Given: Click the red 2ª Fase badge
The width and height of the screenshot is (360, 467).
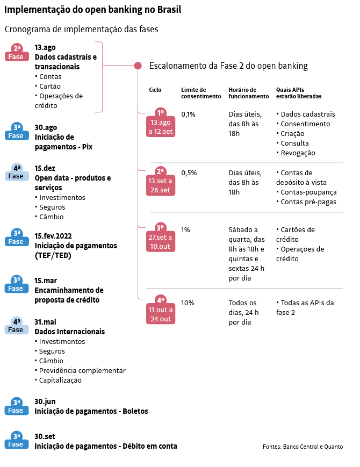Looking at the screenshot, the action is tap(17, 53).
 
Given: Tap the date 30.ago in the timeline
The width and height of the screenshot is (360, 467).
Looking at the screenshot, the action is tap(46, 127).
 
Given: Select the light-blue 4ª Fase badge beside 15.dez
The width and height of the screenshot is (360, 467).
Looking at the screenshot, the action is tap(17, 172).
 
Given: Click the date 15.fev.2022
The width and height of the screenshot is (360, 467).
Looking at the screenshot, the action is tap(53, 236).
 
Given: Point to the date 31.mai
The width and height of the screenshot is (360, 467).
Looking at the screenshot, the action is tap(45, 322).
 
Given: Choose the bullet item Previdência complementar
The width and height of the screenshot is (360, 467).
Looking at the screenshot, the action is tap(81, 370).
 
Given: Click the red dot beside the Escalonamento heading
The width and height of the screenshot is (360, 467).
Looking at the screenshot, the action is tap(138, 66).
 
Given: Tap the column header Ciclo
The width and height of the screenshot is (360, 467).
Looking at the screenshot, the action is tap(155, 90).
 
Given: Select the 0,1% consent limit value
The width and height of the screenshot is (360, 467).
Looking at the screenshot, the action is tap(188, 114).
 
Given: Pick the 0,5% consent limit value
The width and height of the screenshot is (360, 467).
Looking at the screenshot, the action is tap(189, 173).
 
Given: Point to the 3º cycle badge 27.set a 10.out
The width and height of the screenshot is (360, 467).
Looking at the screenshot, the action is tap(161, 237).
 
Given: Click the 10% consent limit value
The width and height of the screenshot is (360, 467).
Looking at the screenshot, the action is tap(188, 303).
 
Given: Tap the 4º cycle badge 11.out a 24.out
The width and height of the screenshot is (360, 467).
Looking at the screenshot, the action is tap(161, 310).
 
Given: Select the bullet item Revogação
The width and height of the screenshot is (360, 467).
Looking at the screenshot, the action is tap(296, 153).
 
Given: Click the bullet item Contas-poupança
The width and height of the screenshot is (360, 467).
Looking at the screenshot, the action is tap(306, 192).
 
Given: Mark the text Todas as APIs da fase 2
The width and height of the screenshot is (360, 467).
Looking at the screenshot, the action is tap(305, 307).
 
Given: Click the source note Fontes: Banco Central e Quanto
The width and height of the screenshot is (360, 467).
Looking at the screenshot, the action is tap(303, 447).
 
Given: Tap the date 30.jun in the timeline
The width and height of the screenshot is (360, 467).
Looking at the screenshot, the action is tap(45, 401).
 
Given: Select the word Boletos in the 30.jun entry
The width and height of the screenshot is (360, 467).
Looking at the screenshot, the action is tap(135, 411).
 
